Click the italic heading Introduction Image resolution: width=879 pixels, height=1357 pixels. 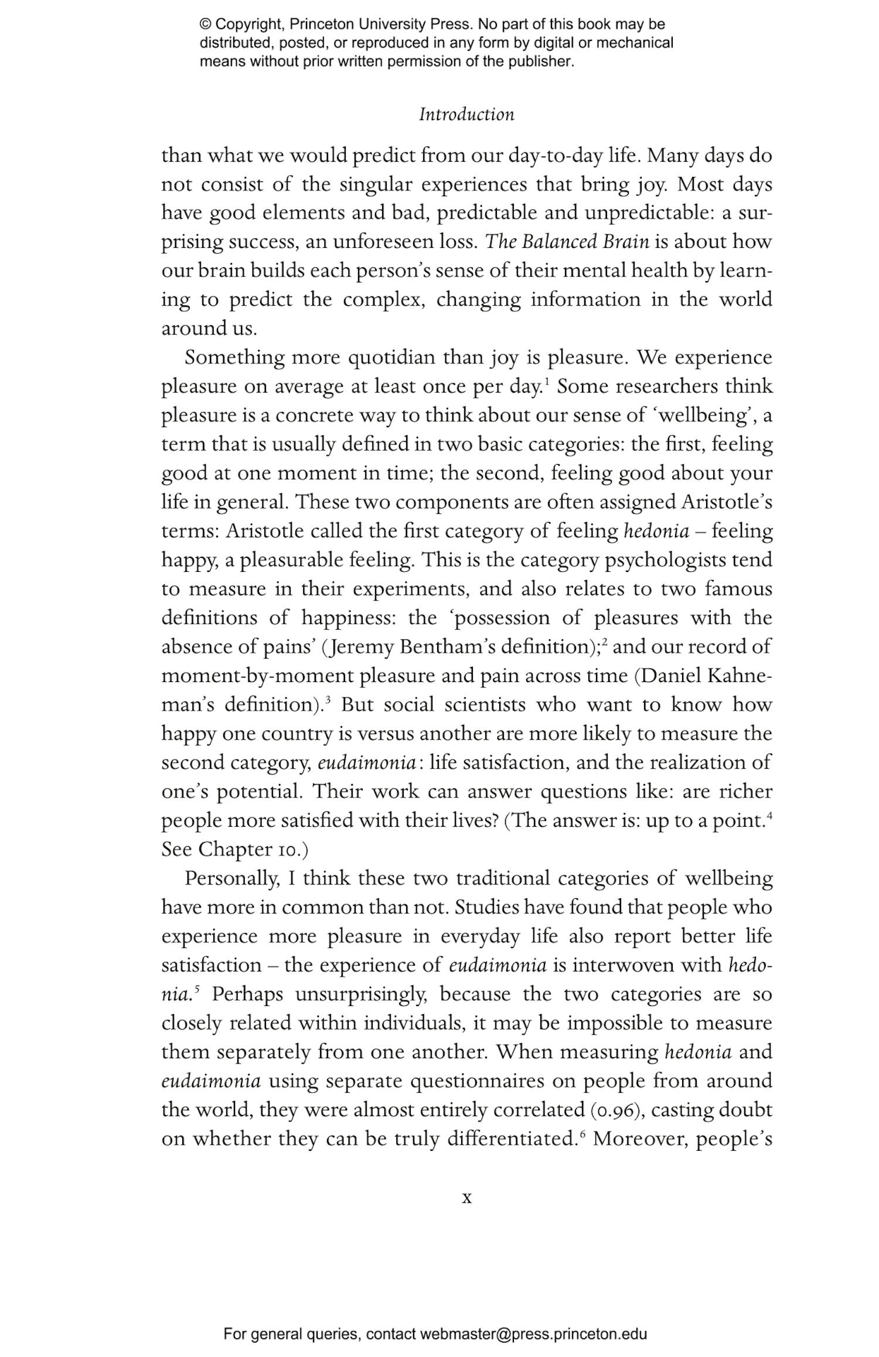(466, 114)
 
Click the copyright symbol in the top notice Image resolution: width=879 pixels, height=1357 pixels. (205, 25)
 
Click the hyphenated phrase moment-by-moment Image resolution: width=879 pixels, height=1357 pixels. (257, 676)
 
